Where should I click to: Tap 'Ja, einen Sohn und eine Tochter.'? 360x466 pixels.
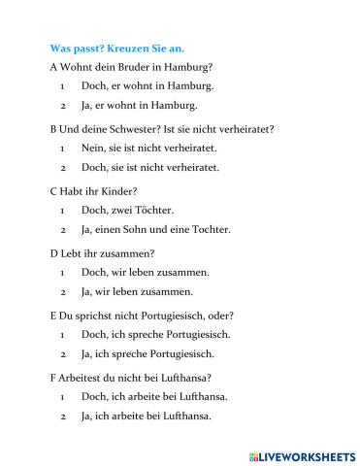(x=156, y=229)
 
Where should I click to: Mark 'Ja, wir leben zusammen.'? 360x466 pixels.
(x=137, y=291)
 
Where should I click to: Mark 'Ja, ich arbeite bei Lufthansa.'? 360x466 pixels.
(x=150, y=416)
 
